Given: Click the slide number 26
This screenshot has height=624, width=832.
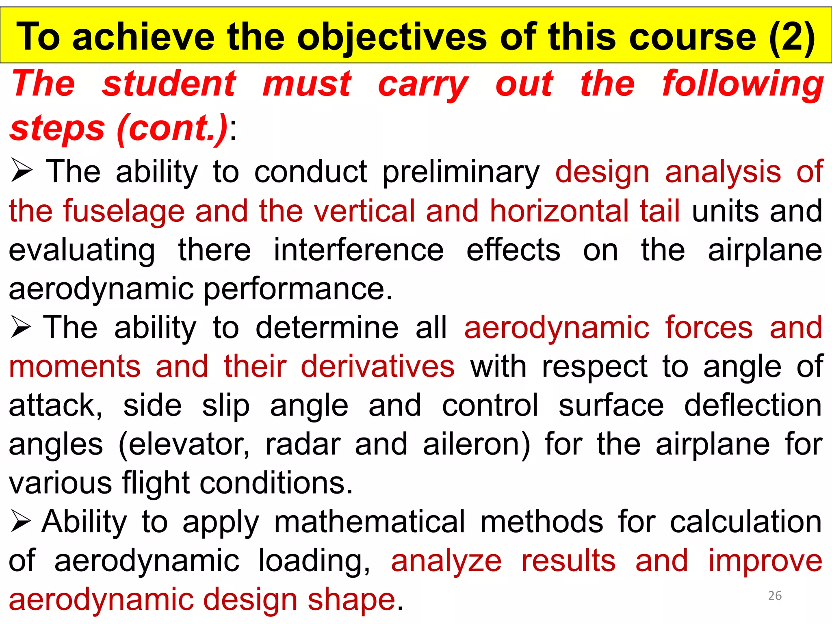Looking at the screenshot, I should [775, 596].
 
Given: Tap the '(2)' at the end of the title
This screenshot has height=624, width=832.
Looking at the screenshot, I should [792, 37].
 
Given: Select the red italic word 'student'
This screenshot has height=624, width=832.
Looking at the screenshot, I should [169, 84].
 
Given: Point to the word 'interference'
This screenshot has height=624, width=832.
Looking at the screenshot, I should [358, 250].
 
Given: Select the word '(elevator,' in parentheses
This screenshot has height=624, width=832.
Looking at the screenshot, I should [184, 444].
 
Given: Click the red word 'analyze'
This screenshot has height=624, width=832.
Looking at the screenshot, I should [446, 561].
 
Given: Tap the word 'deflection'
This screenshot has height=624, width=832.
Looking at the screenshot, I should [753, 405].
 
